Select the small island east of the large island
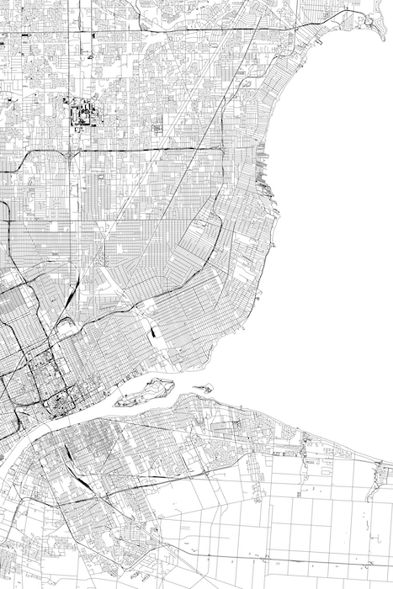point(204,388)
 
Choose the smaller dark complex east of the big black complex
point(157,128)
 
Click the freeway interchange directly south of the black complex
point(67,153)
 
